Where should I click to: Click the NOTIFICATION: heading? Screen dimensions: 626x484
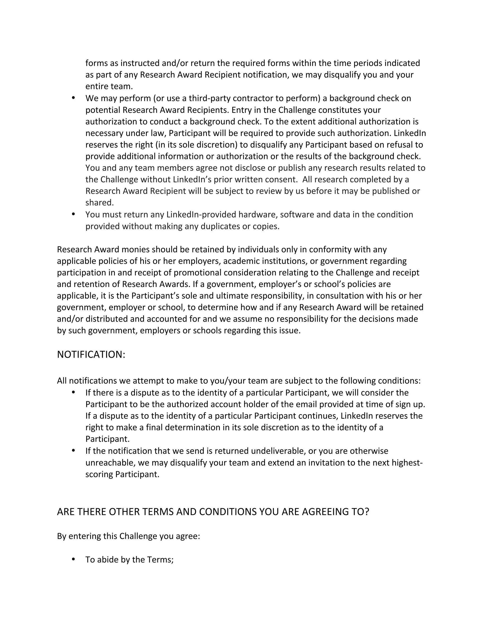[x=91, y=355]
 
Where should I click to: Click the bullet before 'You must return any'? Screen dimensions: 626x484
[x=73, y=214]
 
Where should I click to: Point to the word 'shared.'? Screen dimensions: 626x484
[x=99, y=203]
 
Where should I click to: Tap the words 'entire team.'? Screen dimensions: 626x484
[x=109, y=86]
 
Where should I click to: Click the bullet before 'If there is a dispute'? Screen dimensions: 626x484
[x=73, y=392]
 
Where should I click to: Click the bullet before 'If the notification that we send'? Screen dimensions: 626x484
[x=73, y=450]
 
